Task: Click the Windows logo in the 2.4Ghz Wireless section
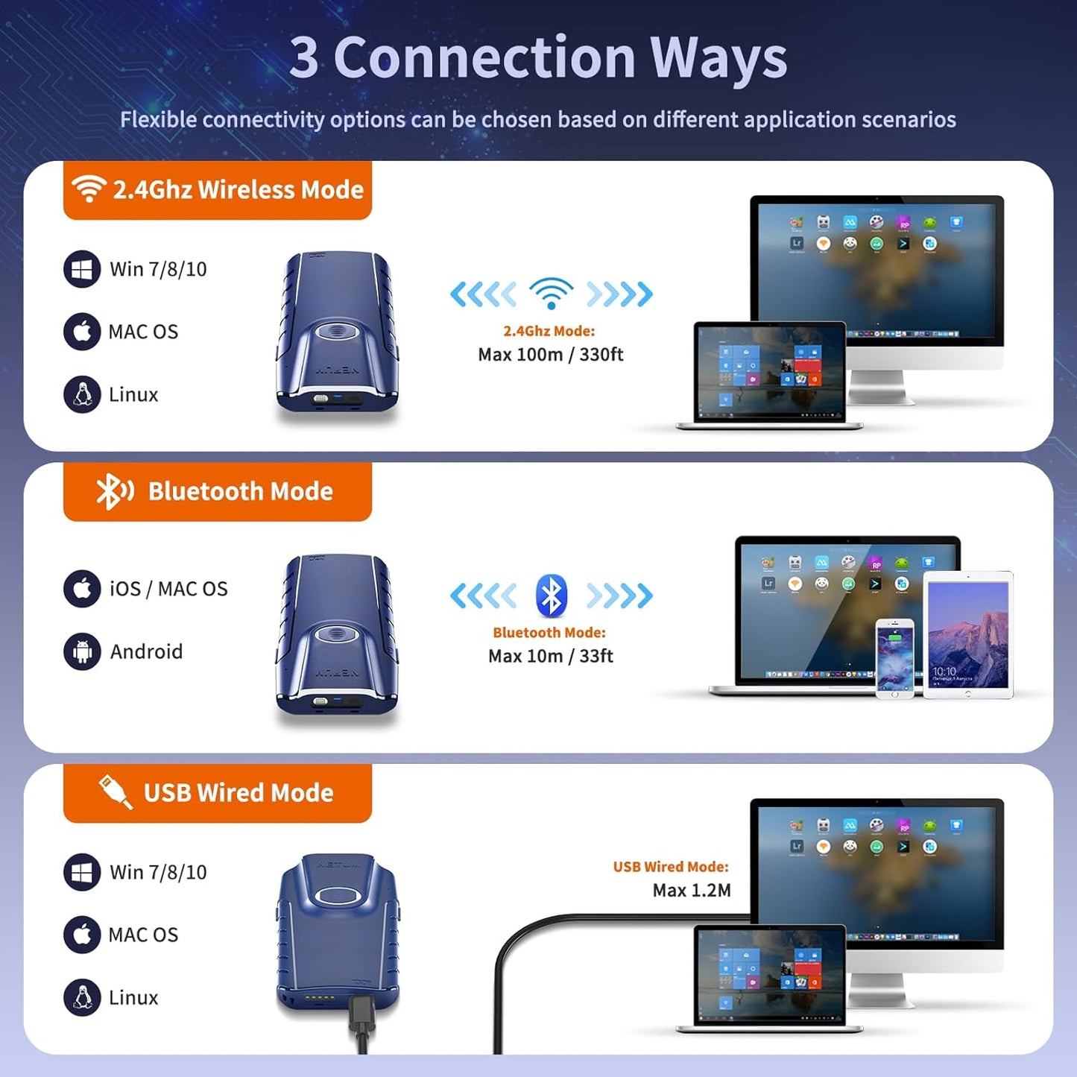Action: (x=82, y=269)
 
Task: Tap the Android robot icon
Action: (x=82, y=651)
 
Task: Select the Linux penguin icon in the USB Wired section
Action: (x=82, y=997)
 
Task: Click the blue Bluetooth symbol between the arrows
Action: (x=551, y=596)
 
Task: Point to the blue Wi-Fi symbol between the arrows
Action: (x=551, y=293)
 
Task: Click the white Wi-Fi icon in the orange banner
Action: (x=88, y=189)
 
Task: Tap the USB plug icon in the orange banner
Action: (x=115, y=792)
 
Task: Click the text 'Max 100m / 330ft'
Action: (x=551, y=354)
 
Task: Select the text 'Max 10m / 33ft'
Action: (x=551, y=656)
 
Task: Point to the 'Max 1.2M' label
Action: (x=692, y=890)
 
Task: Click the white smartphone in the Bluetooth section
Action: (x=894, y=658)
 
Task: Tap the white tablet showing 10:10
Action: (x=968, y=635)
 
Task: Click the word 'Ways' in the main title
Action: (x=718, y=57)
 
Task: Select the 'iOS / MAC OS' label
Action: (x=168, y=589)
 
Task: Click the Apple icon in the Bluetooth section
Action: (x=82, y=589)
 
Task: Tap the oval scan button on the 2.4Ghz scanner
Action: (x=336, y=331)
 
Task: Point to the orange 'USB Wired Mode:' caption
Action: (x=671, y=866)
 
